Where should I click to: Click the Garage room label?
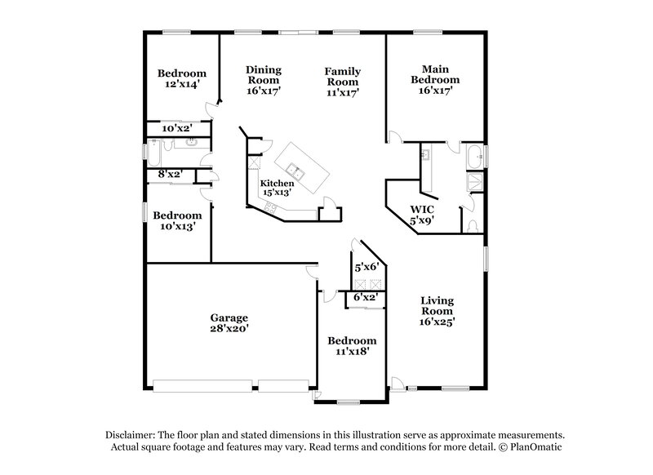coord(228,317)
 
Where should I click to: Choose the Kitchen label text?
coord(277,184)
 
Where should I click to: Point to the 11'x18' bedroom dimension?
coord(352,352)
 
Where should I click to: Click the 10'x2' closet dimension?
coord(176,128)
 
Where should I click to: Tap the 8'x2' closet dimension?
coord(169,173)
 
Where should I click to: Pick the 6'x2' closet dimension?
coord(365,299)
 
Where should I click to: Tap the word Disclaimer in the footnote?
coord(131,436)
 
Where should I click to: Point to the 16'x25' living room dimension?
coord(437,322)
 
